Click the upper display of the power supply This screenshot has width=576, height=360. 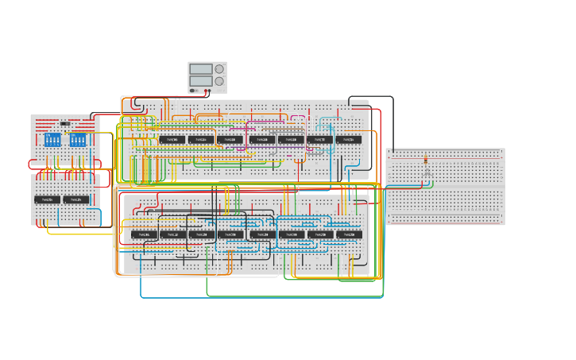201,69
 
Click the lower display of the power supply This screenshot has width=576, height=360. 201,81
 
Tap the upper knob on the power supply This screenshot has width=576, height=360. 219,69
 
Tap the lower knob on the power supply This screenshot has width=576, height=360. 219,81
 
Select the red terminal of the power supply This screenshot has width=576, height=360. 197,91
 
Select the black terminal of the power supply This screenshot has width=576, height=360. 192,91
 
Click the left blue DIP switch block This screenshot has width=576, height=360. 52,140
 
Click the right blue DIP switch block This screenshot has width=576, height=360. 78,140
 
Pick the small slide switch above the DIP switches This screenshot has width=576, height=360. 65,124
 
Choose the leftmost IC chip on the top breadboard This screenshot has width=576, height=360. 172,139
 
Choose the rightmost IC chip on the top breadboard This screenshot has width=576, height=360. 349,139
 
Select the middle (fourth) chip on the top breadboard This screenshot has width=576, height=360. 261,139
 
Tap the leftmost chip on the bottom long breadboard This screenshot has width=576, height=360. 145,234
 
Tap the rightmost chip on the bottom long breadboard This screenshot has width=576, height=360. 350,234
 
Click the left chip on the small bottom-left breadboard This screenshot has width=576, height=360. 47,199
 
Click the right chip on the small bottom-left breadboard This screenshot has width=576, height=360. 76,199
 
